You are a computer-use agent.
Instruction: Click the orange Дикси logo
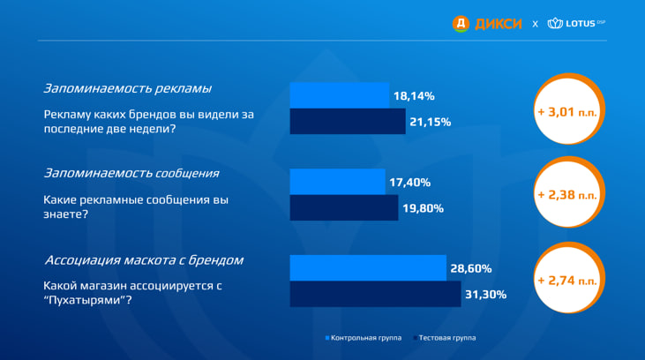(487, 24)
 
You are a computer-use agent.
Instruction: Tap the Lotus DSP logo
(576, 23)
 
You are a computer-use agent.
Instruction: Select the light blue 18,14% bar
(340, 95)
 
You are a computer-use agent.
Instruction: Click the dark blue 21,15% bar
(348, 122)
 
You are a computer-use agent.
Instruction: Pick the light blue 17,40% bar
(337, 182)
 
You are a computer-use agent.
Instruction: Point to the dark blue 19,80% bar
(344, 207)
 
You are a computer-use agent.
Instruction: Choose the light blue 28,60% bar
(368, 268)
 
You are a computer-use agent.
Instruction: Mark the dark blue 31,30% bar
(375, 294)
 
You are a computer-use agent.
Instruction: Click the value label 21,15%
(431, 122)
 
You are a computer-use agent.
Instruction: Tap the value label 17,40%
(409, 183)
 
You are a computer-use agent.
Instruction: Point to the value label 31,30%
(486, 295)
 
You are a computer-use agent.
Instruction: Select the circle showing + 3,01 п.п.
(568, 109)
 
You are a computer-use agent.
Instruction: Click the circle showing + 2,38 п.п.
(568, 192)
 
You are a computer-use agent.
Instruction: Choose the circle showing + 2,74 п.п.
(568, 278)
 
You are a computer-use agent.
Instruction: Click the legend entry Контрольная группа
(364, 338)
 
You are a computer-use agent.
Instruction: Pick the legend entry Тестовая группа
(444, 338)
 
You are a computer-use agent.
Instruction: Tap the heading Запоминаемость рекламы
(128, 89)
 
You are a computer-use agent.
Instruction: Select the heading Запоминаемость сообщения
(131, 173)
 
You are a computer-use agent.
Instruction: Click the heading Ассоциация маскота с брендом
(144, 260)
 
